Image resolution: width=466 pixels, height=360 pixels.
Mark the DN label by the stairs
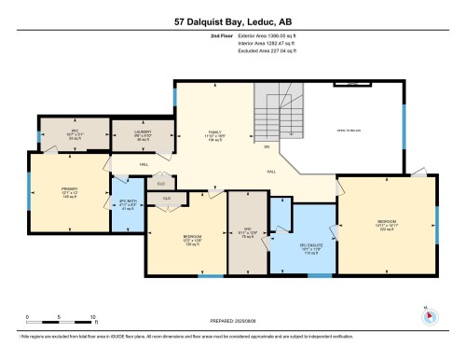pyautogui.click(x=266, y=147)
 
